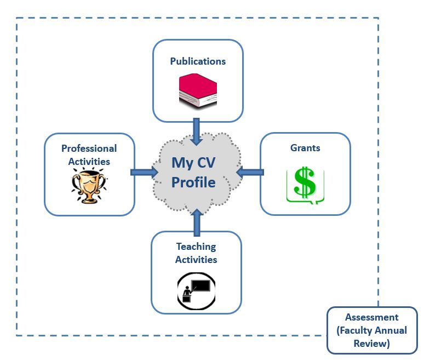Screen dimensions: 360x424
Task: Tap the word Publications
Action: click(x=198, y=61)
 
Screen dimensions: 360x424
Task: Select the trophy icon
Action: click(x=88, y=185)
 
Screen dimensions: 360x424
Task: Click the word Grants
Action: click(x=305, y=148)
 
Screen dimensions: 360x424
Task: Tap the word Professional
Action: click(x=89, y=148)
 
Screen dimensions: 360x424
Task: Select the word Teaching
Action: click(x=196, y=247)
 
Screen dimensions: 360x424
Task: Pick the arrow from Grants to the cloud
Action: click(x=250, y=172)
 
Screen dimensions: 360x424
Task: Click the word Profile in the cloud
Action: click(x=193, y=182)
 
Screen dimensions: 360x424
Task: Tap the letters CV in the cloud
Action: click(x=205, y=163)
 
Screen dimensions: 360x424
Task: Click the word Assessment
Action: click(x=372, y=318)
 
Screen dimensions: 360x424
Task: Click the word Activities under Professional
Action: click(x=89, y=161)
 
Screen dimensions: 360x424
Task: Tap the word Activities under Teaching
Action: click(x=196, y=260)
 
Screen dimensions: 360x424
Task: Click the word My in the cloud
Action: click(x=181, y=163)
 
